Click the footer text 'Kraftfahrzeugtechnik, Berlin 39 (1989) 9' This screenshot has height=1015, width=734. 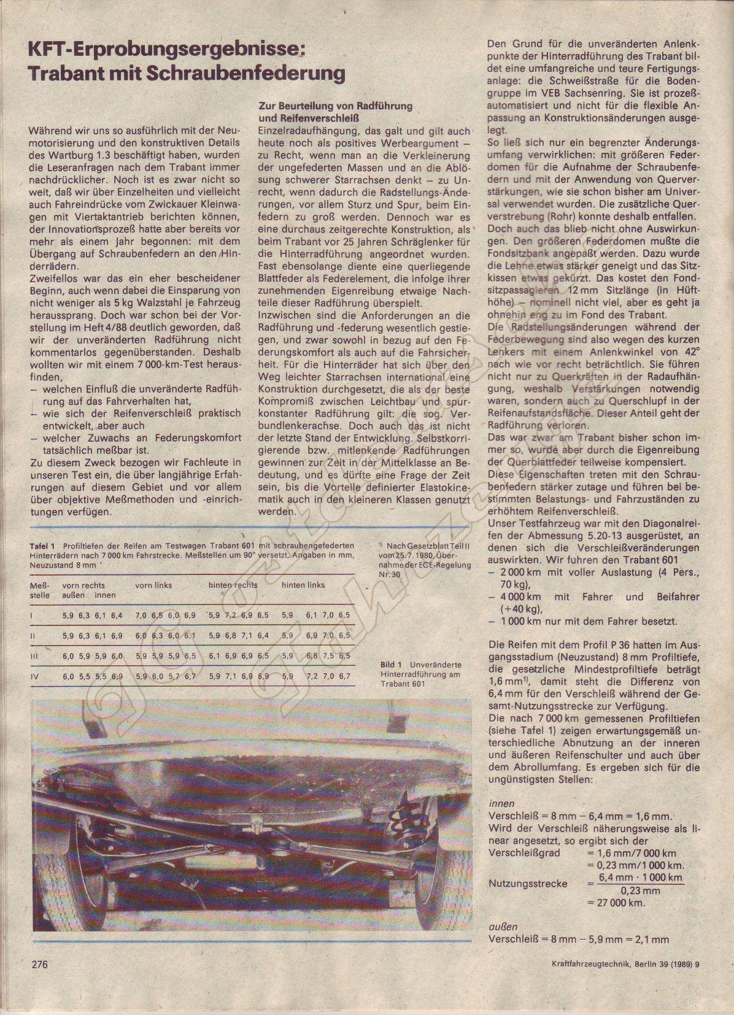point(621,981)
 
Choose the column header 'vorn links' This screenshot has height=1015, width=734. point(153,585)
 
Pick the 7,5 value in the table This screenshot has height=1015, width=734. point(329,656)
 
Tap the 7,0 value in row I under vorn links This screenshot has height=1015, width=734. point(141,615)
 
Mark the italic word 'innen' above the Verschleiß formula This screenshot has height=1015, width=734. point(501,803)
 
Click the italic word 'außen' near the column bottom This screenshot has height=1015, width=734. point(503,927)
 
